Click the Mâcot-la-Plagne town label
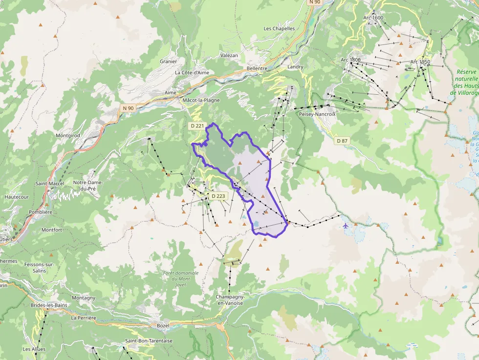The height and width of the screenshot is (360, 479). (x=201, y=100)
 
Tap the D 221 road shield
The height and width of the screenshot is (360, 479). (x=197, y=126)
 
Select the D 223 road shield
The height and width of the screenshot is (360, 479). (x=218, y=196)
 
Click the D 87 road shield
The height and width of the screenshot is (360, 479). (x=342, y=141)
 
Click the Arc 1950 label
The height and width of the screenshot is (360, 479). (x=420, y=62)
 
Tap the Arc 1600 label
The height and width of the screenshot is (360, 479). (x=373, y=18)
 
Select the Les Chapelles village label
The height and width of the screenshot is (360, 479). (x=279, y=28)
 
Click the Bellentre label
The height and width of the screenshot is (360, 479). (x=257, y=69)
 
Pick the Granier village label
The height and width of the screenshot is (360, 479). (x=168, y=62)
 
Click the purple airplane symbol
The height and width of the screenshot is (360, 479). (x=346, y=226)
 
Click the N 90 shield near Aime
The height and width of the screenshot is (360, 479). (x=128, y=108)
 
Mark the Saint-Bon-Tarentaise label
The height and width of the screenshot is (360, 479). (x=149, y=340)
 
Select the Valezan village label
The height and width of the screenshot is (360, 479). (x=229, y=55)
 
